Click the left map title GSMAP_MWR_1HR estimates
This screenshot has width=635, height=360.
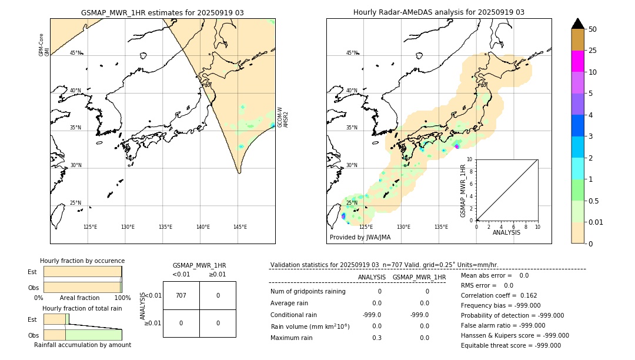162,12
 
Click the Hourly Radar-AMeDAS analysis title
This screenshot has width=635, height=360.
439,12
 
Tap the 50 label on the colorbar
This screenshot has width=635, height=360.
593,29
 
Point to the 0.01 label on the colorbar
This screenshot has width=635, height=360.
596,222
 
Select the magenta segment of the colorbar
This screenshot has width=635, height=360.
577,61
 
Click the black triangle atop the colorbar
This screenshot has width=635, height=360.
577,24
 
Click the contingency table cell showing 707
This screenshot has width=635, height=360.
181,295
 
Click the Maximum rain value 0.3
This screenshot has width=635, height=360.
376,338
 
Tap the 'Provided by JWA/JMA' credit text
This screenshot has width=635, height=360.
360,238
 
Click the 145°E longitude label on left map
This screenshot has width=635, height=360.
240,227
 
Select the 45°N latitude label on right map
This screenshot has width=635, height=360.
352,53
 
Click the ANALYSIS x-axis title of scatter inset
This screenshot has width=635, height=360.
506,233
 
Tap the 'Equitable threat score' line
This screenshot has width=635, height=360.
510,345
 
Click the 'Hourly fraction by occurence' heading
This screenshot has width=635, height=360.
82,261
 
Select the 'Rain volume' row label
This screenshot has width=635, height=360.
310,326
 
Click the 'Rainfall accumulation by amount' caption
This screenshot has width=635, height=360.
82,345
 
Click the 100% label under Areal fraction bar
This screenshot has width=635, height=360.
122,298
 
